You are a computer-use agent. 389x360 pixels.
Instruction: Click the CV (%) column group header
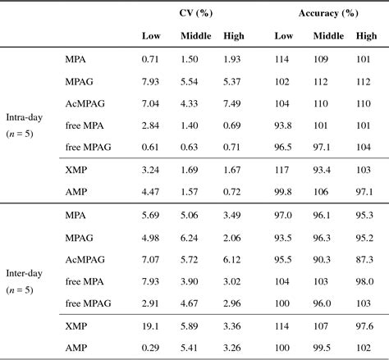point(197,13)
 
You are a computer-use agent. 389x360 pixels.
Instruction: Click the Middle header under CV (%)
point(196,37)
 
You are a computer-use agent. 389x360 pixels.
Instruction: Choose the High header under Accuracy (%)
point(366,37)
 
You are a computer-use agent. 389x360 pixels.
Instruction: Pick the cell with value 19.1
point(149,326)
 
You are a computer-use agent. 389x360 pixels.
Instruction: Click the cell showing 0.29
point(149,347)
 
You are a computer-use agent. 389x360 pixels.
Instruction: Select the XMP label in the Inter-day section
point(77,326)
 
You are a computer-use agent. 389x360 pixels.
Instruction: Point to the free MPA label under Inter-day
point(87,281)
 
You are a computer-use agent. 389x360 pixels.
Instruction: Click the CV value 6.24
point(196,239)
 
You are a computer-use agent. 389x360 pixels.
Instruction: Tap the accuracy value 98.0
point(366,281)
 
